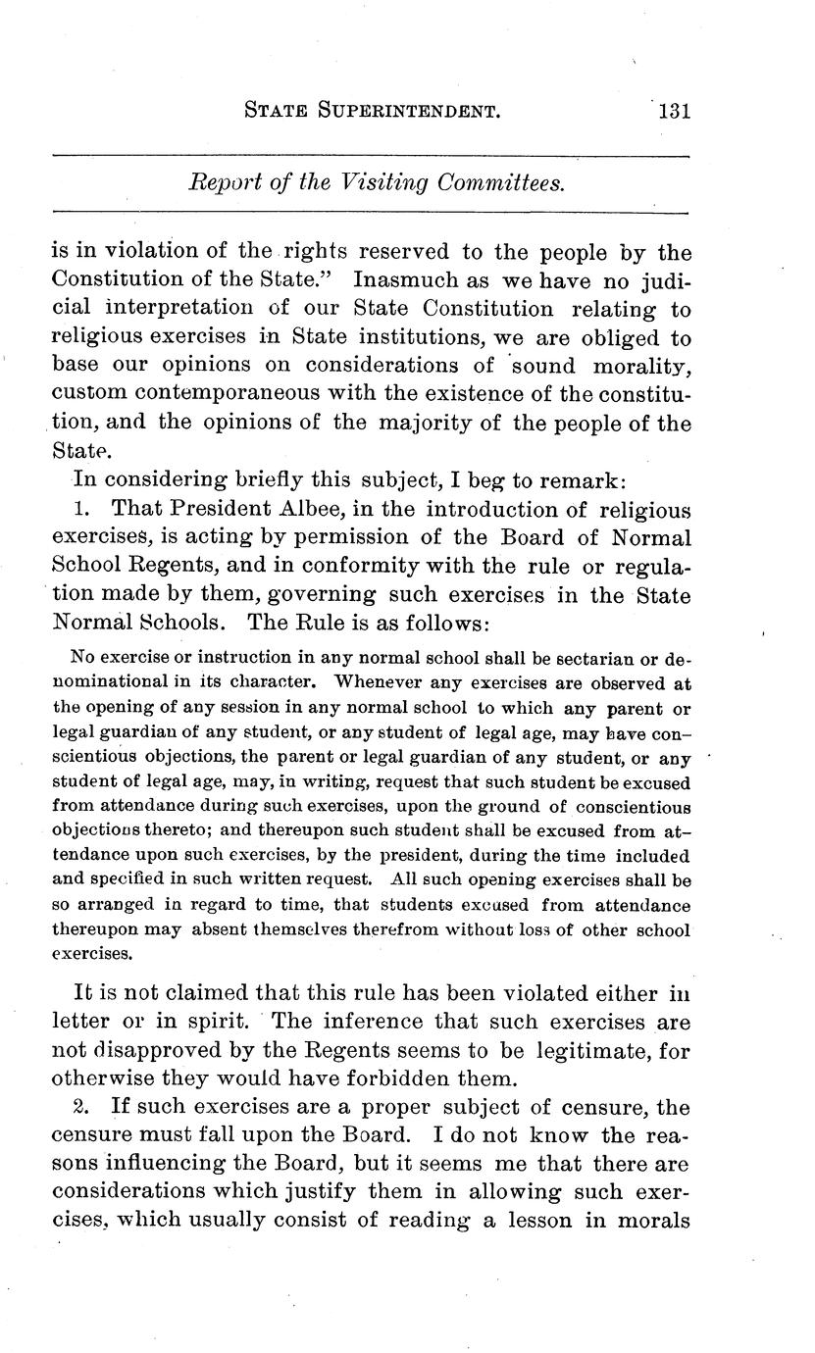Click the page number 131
pos(675,111)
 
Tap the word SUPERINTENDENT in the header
pos(410,112)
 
